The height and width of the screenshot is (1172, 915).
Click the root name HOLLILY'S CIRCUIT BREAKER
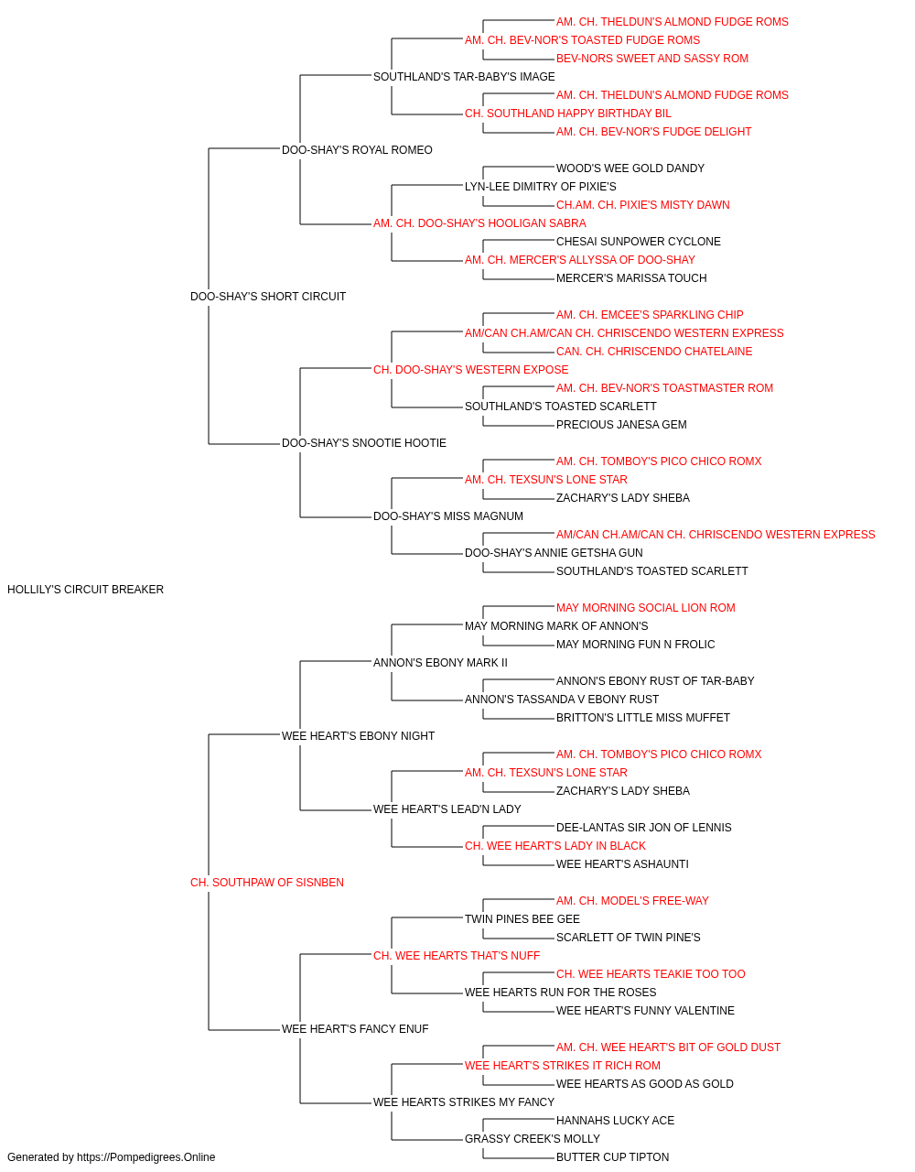[85, 589]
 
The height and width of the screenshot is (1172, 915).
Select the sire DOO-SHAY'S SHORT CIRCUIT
[268, 296]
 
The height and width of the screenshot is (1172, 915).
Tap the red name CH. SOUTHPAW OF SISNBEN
[267, 883]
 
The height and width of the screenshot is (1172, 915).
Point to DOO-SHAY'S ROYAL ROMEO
[357, 150]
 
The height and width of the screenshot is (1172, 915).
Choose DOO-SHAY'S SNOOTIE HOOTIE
[364, 443]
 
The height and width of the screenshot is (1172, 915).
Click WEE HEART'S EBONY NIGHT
[358, 735]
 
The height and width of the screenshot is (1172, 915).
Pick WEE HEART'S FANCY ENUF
[355, 1028]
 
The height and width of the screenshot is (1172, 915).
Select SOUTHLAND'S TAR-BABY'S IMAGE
[464, 77]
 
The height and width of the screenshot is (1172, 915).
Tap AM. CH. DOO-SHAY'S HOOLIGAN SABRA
[479, 223]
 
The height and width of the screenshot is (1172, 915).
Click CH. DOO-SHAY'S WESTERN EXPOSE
[470, 369]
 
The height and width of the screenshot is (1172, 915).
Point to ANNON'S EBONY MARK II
[440, 662]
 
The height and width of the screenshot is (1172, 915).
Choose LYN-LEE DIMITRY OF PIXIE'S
[541, 187]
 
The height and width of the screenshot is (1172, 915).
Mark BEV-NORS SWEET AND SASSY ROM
[652, 59]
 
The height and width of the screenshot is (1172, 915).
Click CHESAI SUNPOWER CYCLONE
[638, 242]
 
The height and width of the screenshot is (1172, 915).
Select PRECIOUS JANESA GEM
[621, 425]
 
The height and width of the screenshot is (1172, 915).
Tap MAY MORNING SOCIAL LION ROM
[646, 608]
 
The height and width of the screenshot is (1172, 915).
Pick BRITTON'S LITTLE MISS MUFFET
[643, 717]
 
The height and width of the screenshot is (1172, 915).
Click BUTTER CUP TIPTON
[612, 1157]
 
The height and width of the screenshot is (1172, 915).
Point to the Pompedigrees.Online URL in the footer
[145, 1157]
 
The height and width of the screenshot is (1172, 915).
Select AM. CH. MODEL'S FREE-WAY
[632, 901]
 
